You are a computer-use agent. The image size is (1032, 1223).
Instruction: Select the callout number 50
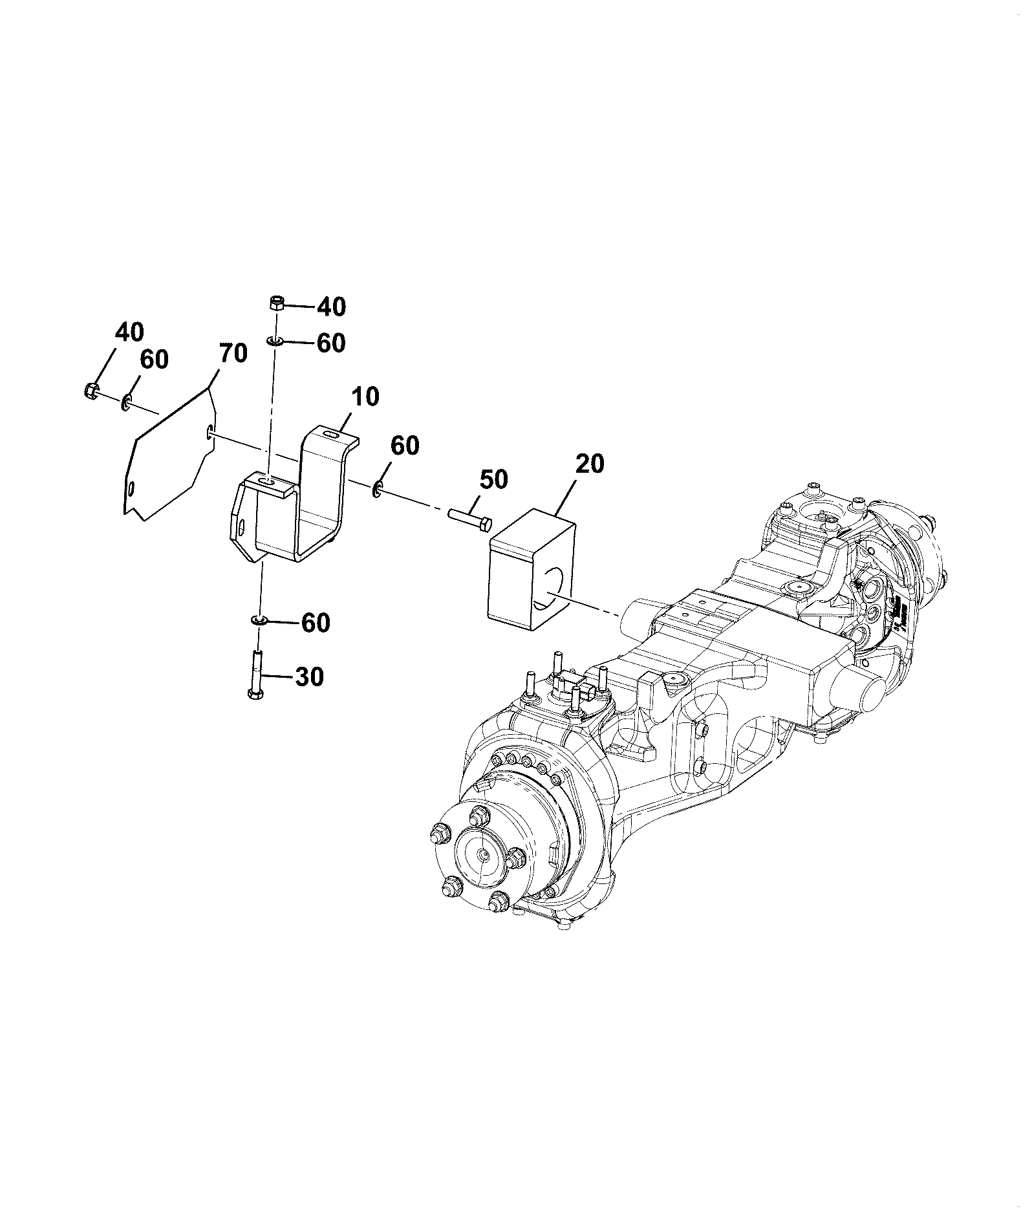pyautogui.click(x=493, y=480)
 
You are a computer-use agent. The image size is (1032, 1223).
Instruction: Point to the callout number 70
pyautogui.click(x=233, y=354)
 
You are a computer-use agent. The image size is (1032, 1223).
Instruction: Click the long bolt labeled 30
pyautogui.click(x=256, y=675)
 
